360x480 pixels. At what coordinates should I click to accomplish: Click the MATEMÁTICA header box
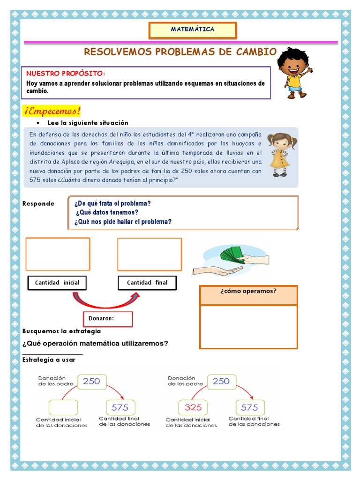click(193, 30)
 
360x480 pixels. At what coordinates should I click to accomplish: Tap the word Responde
click(38, 204)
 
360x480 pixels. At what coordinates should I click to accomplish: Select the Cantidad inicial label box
click(57, 283)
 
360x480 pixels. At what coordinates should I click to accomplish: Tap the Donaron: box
click(108, 319)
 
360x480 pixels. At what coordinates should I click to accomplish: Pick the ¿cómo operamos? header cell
click(248, 295)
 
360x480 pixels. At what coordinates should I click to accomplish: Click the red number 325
click(193, 407)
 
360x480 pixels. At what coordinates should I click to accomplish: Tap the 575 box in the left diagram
click(120, 407)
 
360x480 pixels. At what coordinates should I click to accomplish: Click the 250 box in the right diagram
click(221, 382)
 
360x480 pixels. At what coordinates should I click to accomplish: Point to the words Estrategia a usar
click(49, 360)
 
